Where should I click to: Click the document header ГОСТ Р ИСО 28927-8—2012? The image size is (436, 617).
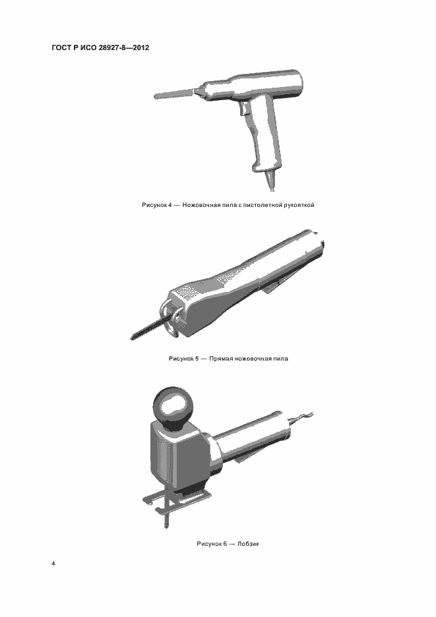click(100, 48)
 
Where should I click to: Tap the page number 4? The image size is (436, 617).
click(53, 564)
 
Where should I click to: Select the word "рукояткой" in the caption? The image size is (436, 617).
click(299, 205)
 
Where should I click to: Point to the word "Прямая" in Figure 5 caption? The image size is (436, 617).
click(220, 359)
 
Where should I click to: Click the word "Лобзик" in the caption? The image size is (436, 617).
click(248, 544)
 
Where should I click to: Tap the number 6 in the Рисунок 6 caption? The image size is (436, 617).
click(225, 544)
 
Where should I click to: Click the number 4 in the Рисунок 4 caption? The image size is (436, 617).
click(170, 205)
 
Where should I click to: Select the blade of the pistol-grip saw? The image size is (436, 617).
click(173, 94)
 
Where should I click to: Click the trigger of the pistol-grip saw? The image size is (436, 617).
click(243, 111)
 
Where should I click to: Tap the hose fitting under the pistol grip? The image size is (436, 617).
click(270, 179)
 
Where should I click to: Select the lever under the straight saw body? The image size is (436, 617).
click(276, 285)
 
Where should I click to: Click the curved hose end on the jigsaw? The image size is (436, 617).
click(301, 417)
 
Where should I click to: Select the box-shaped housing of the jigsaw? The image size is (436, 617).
click(178, 457)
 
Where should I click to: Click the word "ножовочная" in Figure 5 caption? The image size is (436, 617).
click(251, 359)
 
